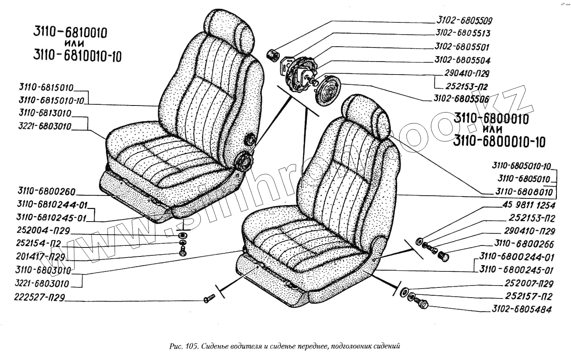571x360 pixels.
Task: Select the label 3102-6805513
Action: [463, 33]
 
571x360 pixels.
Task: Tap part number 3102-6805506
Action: [461, 98]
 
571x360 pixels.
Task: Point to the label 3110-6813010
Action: [45, 113]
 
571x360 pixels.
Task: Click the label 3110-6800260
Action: [46, 191]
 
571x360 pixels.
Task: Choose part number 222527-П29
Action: [39, 298]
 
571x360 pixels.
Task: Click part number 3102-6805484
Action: [522, 309]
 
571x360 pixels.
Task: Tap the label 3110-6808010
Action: [524, 192]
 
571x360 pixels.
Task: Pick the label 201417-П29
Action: [40, 257]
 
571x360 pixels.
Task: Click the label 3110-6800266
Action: [524, 244]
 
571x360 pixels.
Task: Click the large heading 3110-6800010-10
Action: [499, 141]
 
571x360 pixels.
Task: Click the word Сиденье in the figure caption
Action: [216, 346]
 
